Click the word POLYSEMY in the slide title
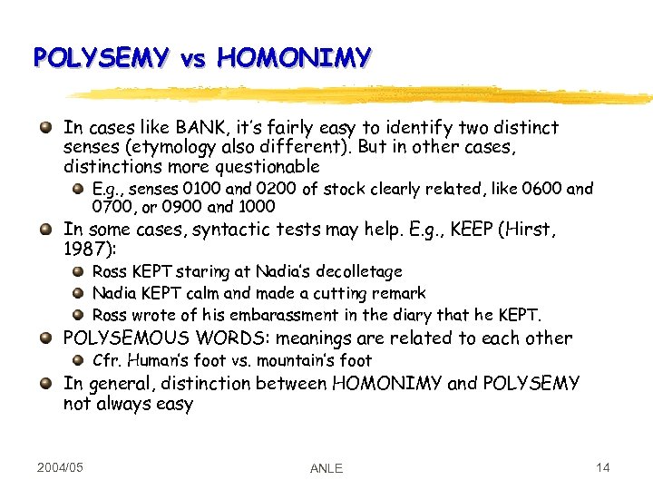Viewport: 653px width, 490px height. pos(100,58)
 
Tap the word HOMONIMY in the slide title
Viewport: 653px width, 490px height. pos(294,58)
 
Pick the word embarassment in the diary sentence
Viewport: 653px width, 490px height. pos(265,316)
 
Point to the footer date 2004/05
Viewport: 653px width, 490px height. pos(61,467)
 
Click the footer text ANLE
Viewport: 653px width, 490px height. pos(326,468)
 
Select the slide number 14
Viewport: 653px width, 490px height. pos(603,467)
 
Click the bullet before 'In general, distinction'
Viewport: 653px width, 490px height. pos(45,383)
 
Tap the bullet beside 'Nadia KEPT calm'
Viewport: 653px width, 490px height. pos(80,293)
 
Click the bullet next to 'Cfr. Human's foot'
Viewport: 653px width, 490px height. pos(80,360)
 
